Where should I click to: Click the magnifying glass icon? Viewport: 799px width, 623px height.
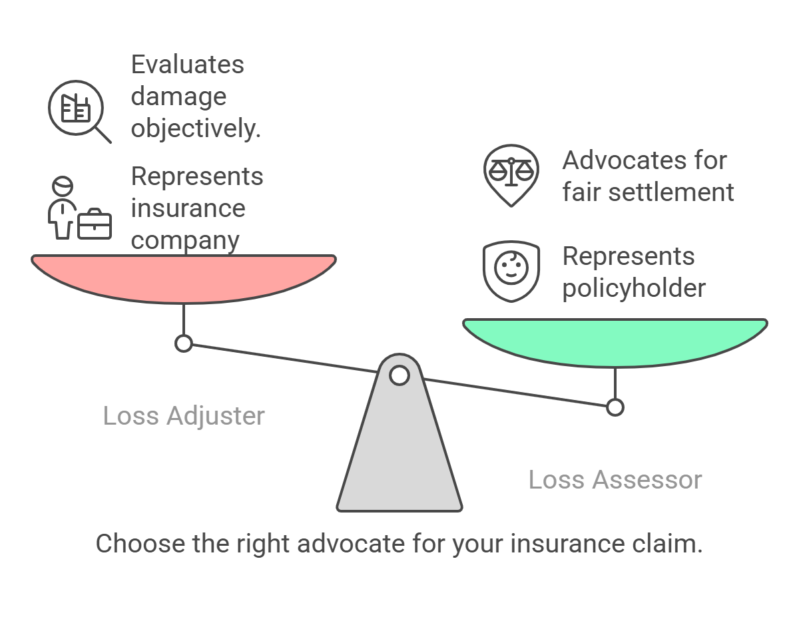pyautogui.click(x=79, y=110)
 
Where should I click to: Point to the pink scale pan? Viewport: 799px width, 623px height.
pyautogui.click(x=184, y=277)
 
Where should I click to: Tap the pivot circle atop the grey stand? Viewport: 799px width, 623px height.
pyautogui.click(x=399, y=375)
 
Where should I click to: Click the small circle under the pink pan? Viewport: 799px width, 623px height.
pyautogui.click(x=184, y=343)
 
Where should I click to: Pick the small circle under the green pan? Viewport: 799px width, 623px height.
pyautogui.click(x=615, y=407)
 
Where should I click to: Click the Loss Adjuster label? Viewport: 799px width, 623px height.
pyautogui.click(x=184, y=416)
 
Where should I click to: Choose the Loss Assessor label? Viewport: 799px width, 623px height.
pyautogui.click(x=615, y=480)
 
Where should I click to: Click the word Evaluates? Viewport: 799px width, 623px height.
pyautogui.click(x=187, y=65)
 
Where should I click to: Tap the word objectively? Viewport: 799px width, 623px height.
pyautogui.click(x=195, y=128)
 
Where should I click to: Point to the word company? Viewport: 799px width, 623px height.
pyautogui.click(x=184, y=240)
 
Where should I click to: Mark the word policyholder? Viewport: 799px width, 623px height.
pyautogui.click(x=633, y=288)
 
